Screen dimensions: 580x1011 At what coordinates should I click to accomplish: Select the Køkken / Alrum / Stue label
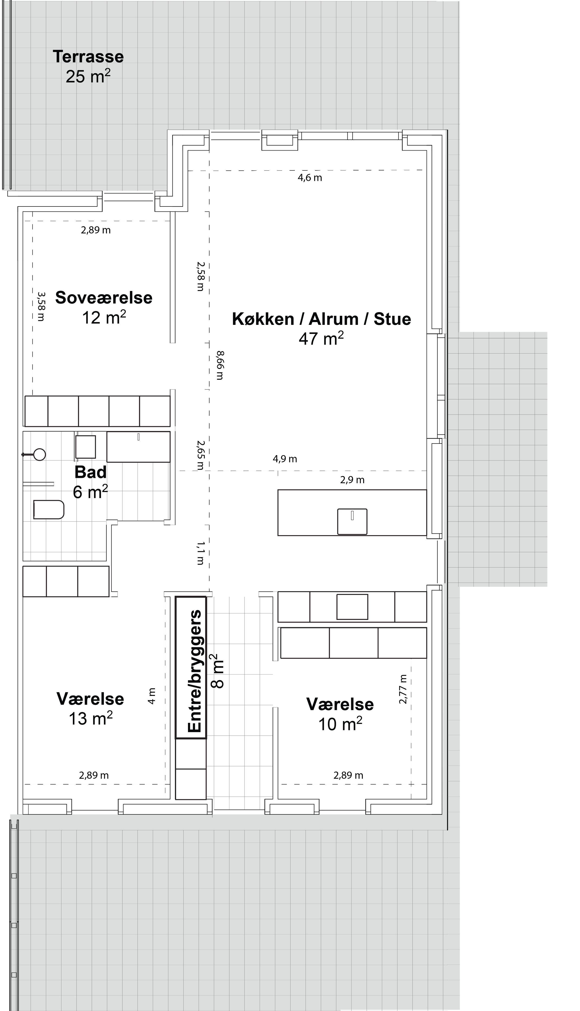(322, 319)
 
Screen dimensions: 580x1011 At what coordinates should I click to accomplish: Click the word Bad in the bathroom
(90, 472)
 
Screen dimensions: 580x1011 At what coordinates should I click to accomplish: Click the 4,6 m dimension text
(310, 178)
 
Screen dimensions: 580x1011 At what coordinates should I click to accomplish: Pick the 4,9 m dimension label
(285, 459)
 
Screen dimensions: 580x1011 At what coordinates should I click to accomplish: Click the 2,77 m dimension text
(403, 689)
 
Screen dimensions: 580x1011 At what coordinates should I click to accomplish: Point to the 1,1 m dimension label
(201, 553)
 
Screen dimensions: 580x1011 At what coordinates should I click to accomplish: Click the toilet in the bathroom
(48, 509)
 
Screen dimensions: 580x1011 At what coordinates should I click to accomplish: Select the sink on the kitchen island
(352, 522)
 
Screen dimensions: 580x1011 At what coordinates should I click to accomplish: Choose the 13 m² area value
(91, 718)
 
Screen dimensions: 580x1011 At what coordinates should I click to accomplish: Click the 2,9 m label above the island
(352, 480)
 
